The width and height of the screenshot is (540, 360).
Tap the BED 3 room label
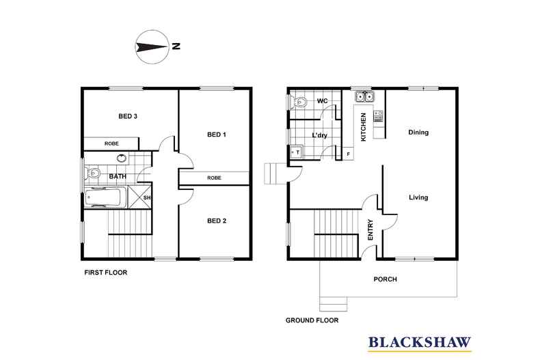coord(128,117)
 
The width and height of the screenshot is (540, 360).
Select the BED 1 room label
coord(216,135)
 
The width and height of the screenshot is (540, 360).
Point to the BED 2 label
coord(216,221)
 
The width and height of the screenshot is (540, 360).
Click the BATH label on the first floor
coord(118,176)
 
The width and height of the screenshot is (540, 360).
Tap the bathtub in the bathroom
coord(105,199)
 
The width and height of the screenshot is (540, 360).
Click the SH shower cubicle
coord(145,198)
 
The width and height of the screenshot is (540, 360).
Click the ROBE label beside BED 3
coord(112,144)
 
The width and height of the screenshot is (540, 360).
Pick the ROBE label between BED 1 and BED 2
coord(214,178)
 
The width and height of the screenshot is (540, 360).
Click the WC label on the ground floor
coord(323,102)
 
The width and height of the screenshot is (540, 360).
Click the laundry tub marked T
coord(297,152)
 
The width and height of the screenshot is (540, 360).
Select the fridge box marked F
coord(349,154)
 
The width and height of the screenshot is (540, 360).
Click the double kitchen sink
coord(364,97)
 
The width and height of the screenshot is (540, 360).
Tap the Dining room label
coord(418,133)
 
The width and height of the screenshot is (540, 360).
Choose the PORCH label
coord(385,279)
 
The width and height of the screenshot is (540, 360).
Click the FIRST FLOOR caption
coord(105,272)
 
